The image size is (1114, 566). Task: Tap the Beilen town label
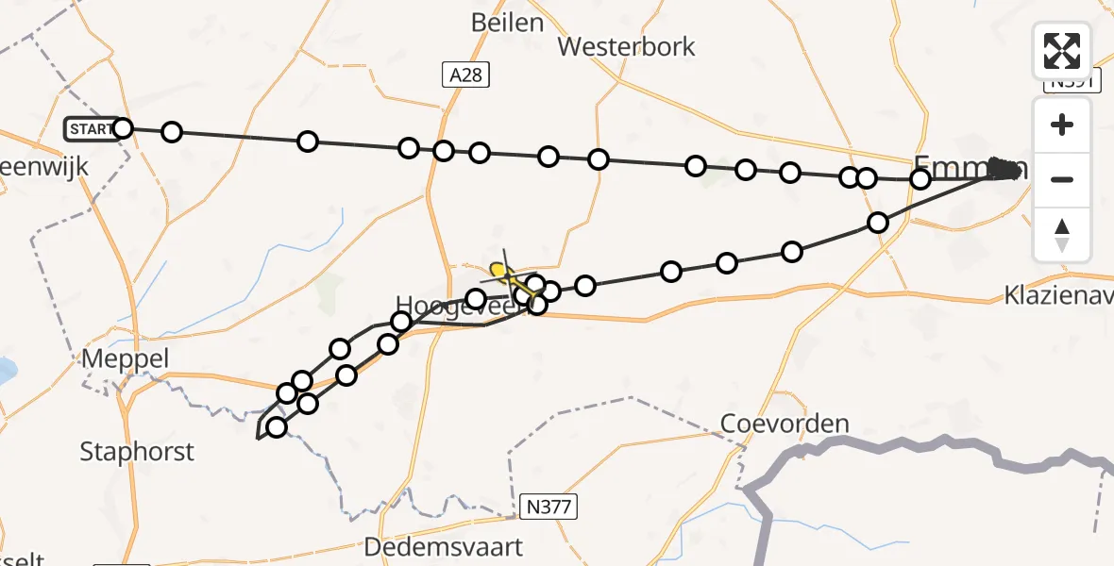[507, 23]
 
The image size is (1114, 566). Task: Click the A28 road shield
[466, 75]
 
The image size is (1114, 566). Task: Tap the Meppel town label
[126, 359]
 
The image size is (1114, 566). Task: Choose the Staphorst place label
[137, 451]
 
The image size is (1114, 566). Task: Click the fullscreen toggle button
[1062, 51]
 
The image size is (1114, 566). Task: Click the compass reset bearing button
[1062, 234]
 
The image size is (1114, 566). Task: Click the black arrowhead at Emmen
[1006, 170]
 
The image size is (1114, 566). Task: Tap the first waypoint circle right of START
[171, 132]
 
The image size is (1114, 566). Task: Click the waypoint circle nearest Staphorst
[276, 427]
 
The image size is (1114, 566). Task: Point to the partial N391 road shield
[1072, 83]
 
